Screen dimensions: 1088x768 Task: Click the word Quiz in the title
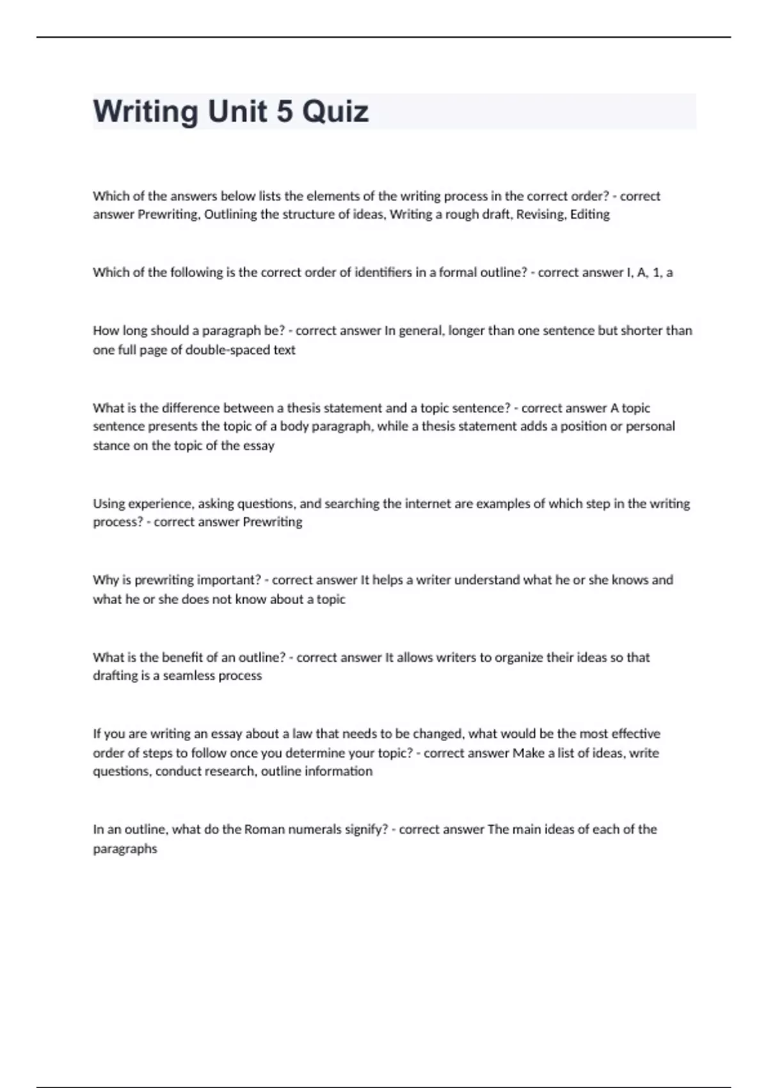(335, 111)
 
